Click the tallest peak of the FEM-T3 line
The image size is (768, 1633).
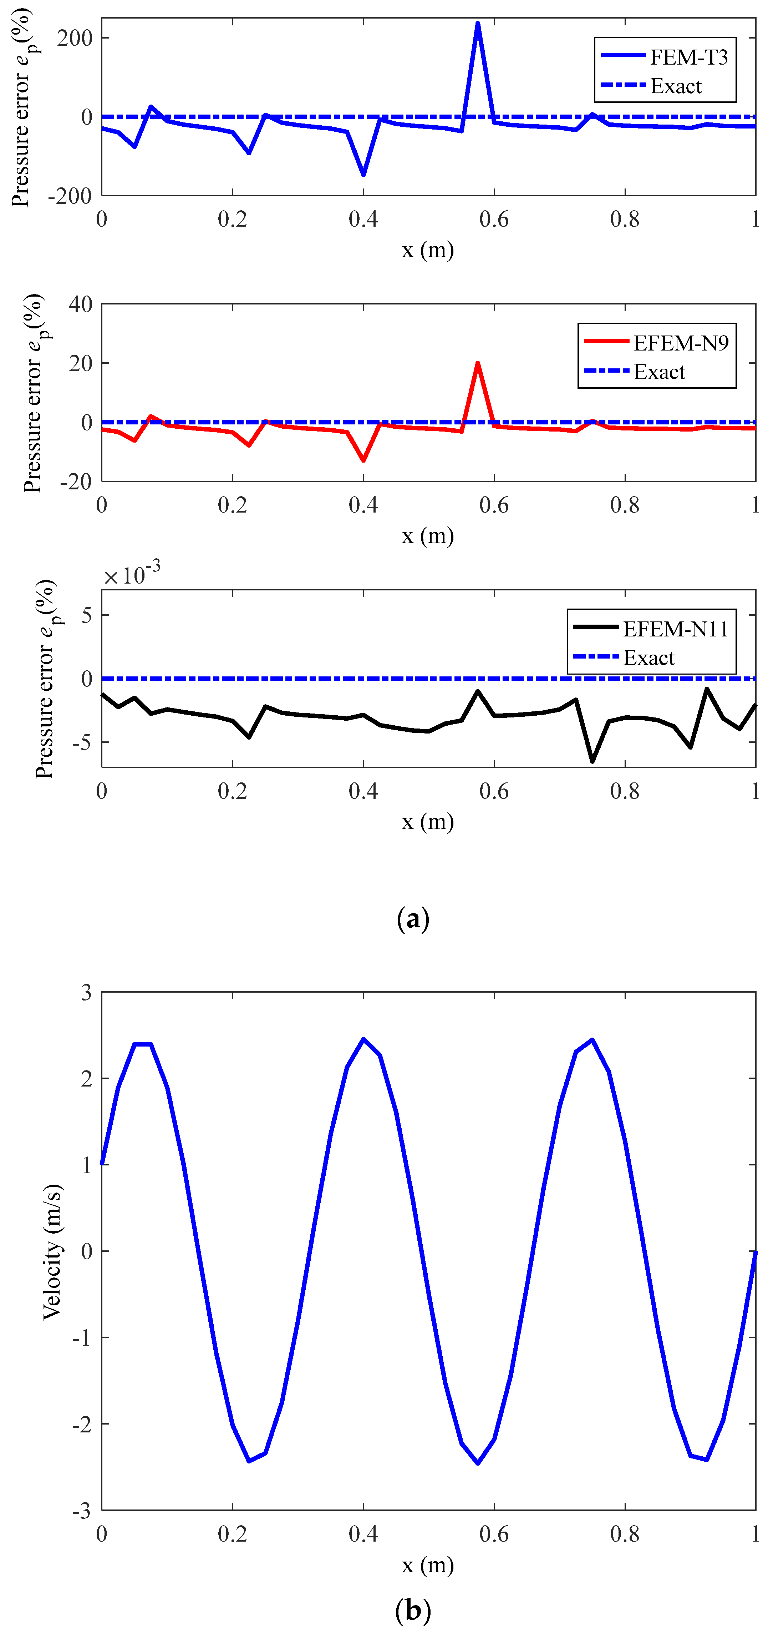point(478,24)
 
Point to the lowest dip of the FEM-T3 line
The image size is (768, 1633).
point(363,174)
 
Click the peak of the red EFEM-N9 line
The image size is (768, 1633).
point(478,363)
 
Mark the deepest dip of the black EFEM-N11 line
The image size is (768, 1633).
point(592,761)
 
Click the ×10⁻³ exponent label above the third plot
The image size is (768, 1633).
point(132,574)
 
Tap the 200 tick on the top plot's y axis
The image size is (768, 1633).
point(74,38)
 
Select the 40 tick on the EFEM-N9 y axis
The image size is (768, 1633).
point(81,304)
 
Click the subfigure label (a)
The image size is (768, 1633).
point(412,918)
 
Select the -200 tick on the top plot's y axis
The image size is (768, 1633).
point(70,197)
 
